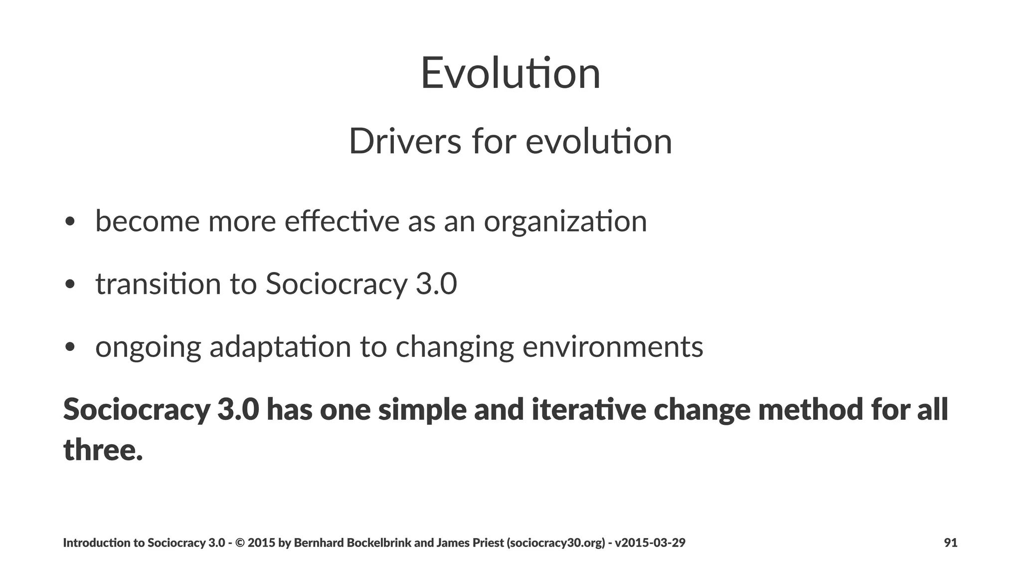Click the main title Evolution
pyautogui.click(x=510, y=73)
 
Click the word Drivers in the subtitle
pyautogui.click(x=405, y=142)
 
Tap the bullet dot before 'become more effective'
pyautogui.click(x=70, y=222)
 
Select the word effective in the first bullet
pyautogui.click(x=342, y=221)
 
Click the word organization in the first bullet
pyautogui.click(x=565, y=222)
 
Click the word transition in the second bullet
pyautogui.click(x=158, y=284)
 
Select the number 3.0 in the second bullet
pyautogui.click(x=436, y=284)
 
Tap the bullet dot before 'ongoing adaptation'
pyautogui.click(x=70, y=347)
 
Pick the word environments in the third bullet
pyautogui.click(x=613, y=347)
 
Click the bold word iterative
pyautogui.click(x=589, y=409)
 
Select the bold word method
pyautogui.click(x=811, y=409)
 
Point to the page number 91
pyautogui.click(x=951, y=543)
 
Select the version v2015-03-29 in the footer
pyautogui.click(x=650, y=543)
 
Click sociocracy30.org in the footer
pyautogui.click(x=555, y=543)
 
